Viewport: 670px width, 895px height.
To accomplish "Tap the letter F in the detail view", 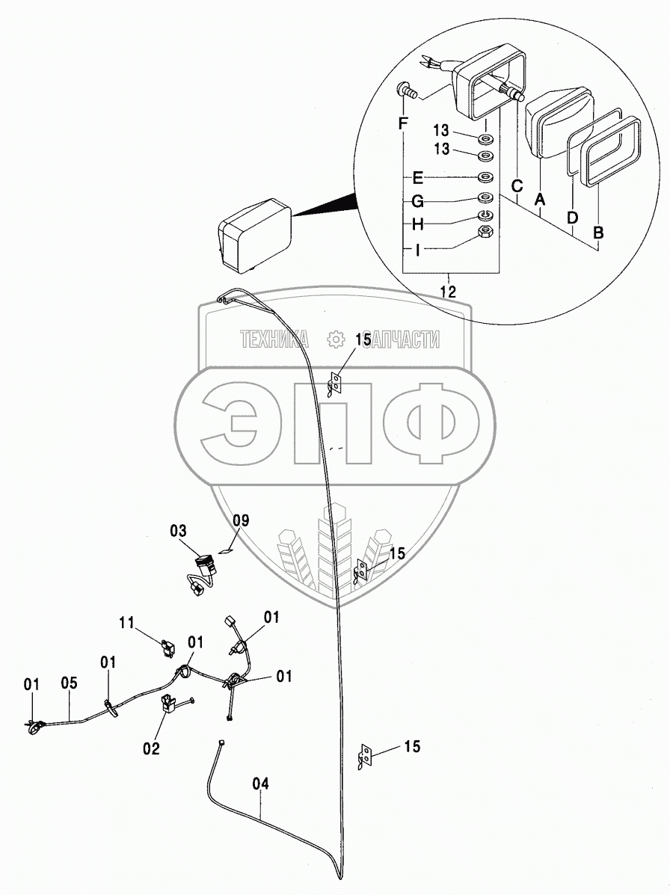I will pyautogui.click(x=403, y=123).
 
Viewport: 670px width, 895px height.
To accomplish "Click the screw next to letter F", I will pyautogui.click(x=406, y=90).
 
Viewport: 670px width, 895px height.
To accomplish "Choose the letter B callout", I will pyautogui.click(x=597, y=233).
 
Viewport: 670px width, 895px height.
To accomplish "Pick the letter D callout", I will pyautogui.click(x=572, y=217).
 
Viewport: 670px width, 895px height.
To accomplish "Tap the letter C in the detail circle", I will pyautogui.click(x=516, y=185).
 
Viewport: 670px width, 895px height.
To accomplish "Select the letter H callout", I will pyautogui.click(x=417, y=224).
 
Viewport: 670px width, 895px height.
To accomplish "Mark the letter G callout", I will pyautogui.click(x=417, y=201).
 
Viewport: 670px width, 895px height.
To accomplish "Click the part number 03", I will pyautogui.click(x=178, y=531).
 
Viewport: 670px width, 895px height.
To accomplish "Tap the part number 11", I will pyautogui.click(x=128, y=621).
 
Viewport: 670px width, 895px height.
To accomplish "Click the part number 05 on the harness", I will pyautogui.click(x=69, y=683).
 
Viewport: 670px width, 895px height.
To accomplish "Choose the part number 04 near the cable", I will pyautogui.click(x=260, y=784).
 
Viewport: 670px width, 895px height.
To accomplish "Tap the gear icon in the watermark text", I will pyautogui.click(x=336, y=340).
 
